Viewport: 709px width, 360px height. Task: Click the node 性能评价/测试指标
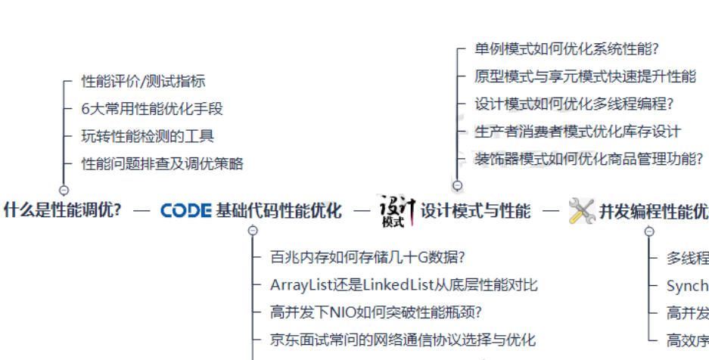point(143,82)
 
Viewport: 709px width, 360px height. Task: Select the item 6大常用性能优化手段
point(152,109)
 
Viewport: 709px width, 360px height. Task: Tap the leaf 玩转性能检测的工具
point(148,136)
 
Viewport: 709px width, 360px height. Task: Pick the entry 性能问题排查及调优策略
point(162,163)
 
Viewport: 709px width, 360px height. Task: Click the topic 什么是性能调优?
point(63,210)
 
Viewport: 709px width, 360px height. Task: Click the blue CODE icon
point(185,210)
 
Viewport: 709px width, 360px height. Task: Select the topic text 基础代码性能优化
point(278,210)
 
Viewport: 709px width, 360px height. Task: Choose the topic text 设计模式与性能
point(475,210)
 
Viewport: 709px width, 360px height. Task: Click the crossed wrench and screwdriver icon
point(581,210)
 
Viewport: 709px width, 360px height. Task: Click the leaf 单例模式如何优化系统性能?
point(567,49)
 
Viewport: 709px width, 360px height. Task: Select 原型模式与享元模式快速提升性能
point(585,76)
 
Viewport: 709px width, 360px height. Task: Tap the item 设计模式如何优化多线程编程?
point(574,104)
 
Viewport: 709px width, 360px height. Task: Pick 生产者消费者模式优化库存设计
point(577,131)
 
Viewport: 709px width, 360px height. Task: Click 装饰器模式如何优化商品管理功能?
point(589,158)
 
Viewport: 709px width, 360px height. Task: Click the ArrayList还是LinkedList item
point(403,285)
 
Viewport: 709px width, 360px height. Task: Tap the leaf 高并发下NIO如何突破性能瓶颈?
point(376,312)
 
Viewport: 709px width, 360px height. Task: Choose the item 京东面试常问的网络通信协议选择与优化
point(403,340)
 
